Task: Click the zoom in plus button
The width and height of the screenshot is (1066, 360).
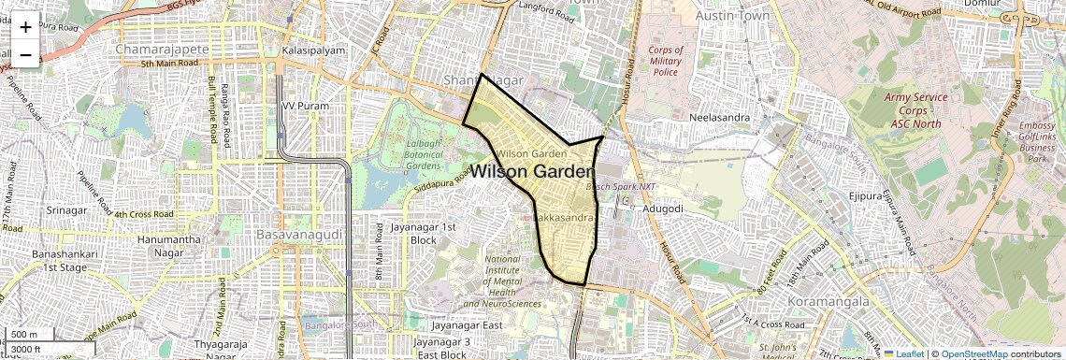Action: click(x=25, y=27)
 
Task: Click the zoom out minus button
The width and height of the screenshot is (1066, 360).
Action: click(x=25, y=55)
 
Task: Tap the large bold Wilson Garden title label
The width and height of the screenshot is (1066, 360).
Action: click(x=532, y=172)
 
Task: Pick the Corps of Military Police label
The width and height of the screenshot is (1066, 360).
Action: click(x=665, y=61)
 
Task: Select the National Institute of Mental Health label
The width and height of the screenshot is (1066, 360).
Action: click(x=502, y=281)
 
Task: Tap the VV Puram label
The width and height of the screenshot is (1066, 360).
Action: click(x=307, y=107)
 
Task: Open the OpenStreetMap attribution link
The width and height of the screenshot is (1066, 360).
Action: click(x=973, y=353)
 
